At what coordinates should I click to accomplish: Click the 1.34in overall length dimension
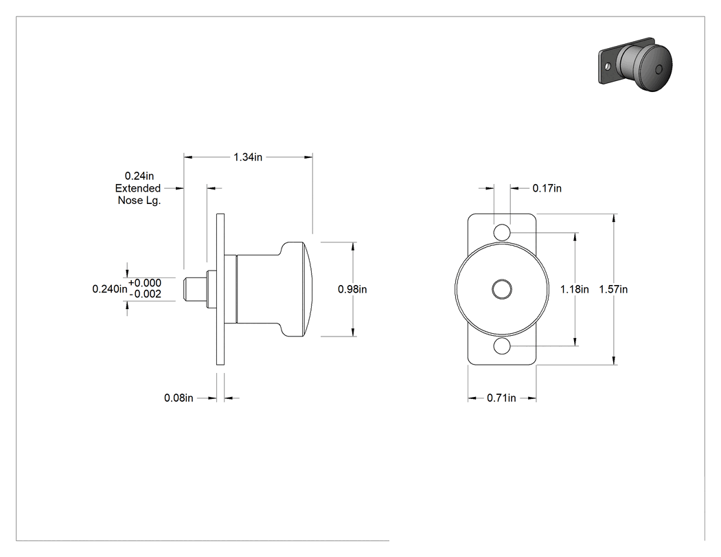click(x=248, y=157)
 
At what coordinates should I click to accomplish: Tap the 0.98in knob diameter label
click(x=352, y=289)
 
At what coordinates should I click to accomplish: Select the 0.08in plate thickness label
click(x=179, y=398)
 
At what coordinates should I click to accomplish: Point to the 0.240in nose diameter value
click(x=110, y=289)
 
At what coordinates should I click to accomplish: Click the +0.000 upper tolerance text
click(x=145, y=283)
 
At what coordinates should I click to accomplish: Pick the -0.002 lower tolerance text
click(x=146, y=295)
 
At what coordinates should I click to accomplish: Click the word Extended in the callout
click(x=138, y=188)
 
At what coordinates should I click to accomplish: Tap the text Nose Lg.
click(x=139, y=201)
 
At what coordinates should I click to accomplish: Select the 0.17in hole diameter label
click(x=547, y=188)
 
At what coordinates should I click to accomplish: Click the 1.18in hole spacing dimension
click(x=574, y=289)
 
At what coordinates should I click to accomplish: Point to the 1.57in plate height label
click(x=613, y=289)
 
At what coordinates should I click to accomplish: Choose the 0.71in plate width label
click(x=502, y=398)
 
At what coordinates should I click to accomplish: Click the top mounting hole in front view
click(x=502, y=232)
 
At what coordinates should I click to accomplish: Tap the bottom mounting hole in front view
click(x=502, y=346)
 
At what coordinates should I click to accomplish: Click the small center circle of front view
click(x=502, y=289)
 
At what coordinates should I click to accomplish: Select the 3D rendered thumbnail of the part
click(x=635, y=64)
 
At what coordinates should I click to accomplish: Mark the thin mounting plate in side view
click(x=220, y=289)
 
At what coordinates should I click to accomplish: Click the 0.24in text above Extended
click(x=139, y=176)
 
